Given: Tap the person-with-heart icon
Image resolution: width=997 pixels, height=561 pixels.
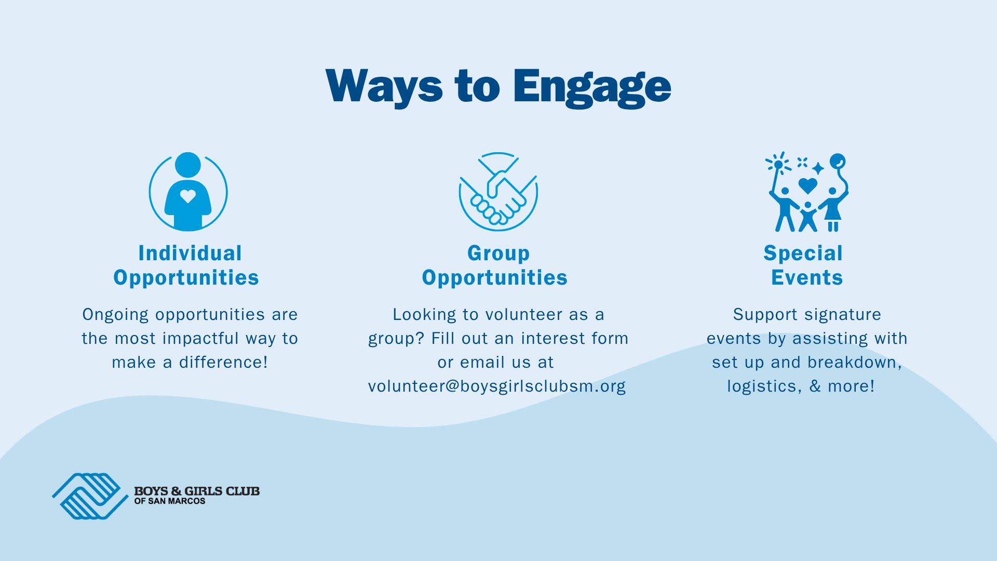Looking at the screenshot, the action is pyautogui.click(x=188, y=192).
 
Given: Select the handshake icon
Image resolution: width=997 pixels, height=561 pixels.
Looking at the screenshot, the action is pyautogui.click(x=498, y=192).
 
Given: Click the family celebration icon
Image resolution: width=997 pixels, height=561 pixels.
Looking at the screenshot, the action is pyautogui.click(x=807, y=192).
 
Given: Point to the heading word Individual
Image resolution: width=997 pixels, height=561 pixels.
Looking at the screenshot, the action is pyautogui.click(x=190, y=253).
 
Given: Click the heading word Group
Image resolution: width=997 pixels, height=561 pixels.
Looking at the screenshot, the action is pyautogui.click(x=498, y=254).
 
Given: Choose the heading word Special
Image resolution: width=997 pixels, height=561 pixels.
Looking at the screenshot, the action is pyautogui.click(x=803, y=254).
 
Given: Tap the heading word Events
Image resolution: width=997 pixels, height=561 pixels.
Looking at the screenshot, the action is pyautogui.click(x=807, y=278).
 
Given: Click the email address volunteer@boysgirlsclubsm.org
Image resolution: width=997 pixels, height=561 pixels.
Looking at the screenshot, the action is pyautogui.click(x=497, y=386).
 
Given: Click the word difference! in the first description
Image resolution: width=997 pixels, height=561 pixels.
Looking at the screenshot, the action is pyautogui.click(x=223, y=362).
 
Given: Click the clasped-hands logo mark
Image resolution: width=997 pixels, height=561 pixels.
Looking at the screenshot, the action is pyautogui.click(x=90, y=496).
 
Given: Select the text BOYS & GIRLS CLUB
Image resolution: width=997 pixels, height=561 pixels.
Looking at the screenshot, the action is pyautogui.click(x=197, y=491).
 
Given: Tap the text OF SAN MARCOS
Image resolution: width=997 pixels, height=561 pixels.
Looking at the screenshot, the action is pyautogui.click(x=170, y=501).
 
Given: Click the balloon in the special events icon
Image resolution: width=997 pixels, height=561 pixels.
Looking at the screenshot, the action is pyautogui.click(x=838, y=161).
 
